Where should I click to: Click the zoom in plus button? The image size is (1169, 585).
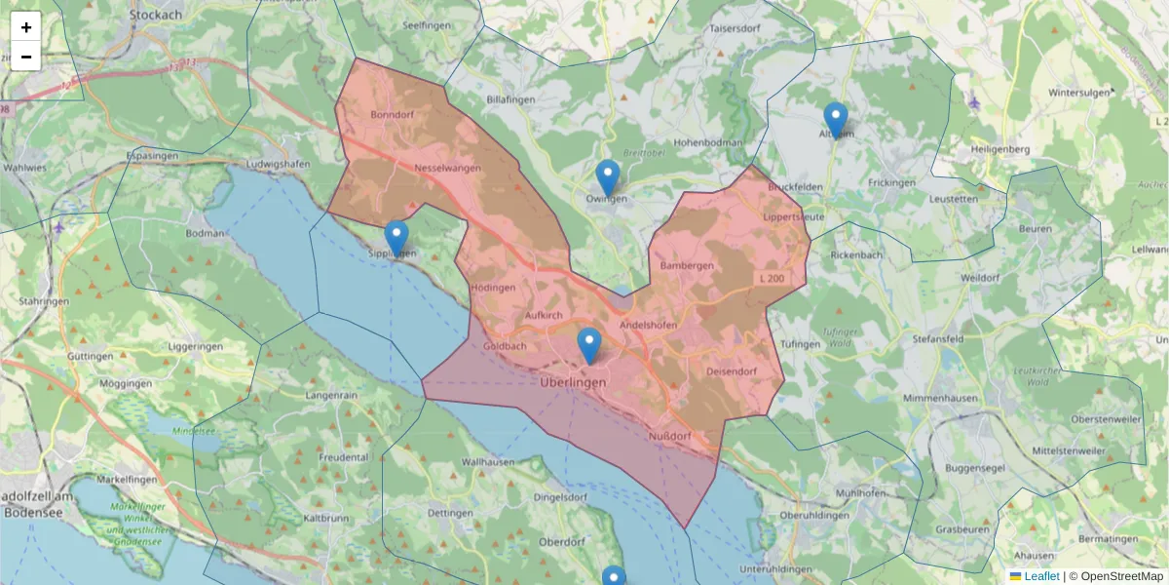point(26,27)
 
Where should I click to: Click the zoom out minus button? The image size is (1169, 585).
point(26,57)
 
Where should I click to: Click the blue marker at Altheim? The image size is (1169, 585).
point(836,120)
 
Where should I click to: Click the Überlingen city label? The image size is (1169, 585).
point(573,383)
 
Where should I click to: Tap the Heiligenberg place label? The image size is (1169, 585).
point(1000,149)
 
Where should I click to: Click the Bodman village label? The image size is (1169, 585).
point(205,233)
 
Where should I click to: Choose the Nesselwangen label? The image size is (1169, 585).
point(448,169)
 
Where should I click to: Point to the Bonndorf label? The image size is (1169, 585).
point(394,115)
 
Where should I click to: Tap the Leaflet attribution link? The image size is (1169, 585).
point(1041,576)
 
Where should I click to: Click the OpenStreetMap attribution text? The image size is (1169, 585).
point(1122,576)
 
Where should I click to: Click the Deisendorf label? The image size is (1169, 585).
point(731,371)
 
